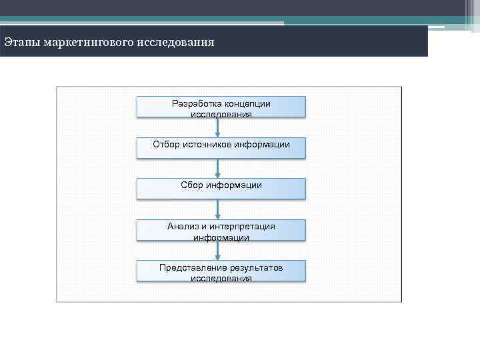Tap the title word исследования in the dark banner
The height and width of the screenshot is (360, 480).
click(x=176, y=43)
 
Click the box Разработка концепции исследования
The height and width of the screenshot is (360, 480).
click(x=221, y=107)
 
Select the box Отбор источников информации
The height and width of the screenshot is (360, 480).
click(x=221, y=148)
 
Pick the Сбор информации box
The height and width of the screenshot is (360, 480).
click(x=221, y=189)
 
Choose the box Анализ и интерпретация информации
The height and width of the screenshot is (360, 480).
click(x=221, y=230)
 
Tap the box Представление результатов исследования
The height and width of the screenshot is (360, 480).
click(x=221, y=271)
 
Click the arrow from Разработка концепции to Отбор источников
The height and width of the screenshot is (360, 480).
click(x=218, y=128)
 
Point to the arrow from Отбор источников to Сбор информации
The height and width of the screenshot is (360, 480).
click(x=218, y=169)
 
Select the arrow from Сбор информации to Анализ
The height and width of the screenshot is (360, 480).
click(x=218, y=209)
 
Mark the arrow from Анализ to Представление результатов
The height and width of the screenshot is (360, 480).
click(x=218, y=251)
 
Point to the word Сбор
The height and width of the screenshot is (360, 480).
click(x=191, y=185)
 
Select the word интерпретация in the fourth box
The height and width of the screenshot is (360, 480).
click(x=245, y=226)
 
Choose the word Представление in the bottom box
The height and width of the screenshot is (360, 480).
click(x=189, y=267)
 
